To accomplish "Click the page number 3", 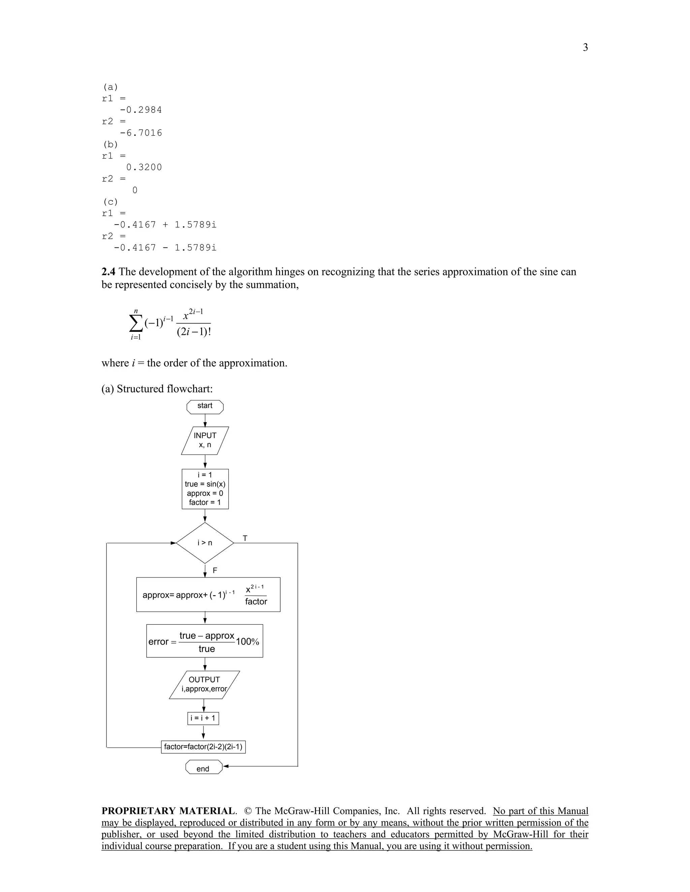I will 585,48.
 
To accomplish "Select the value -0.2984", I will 140,110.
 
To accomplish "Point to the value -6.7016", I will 140,133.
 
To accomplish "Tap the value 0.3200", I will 144,167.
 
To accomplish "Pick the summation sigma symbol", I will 136,324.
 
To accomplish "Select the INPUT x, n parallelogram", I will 205,440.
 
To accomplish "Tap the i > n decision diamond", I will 205,543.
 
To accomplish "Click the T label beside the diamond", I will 245,538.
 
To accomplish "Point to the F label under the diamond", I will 215,570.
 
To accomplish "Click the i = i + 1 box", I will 203,718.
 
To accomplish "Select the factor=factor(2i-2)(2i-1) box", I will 203,747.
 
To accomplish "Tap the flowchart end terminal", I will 203,769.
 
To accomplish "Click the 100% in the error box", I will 247,642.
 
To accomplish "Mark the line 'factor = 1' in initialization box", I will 205,502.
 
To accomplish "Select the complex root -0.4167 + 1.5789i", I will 165,225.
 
